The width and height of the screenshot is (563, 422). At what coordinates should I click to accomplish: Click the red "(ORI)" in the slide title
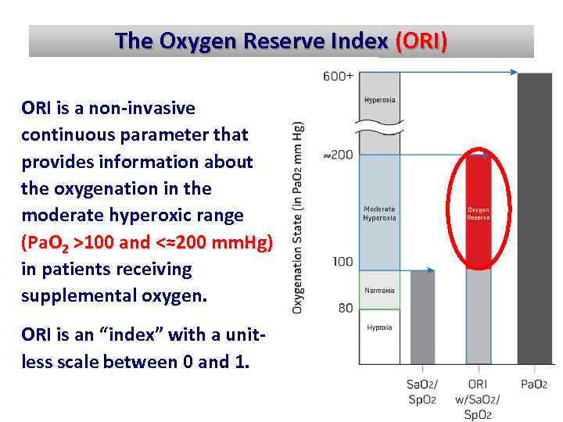[421, 41]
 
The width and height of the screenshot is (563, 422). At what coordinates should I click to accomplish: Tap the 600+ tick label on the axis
[338, 76]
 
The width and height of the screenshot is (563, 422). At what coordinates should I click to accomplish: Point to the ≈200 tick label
[338, 155]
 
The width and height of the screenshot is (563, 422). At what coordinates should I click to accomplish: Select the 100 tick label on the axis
[342, 262]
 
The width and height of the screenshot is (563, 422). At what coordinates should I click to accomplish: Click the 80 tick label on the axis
[345, 308]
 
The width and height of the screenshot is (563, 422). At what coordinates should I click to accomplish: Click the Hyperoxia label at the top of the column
[379, 100]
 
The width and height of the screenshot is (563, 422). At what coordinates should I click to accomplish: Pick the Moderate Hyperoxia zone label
[379, 213]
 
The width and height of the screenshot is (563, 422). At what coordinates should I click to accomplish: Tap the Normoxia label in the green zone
[379, 291]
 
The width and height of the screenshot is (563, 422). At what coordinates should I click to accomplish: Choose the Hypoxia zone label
[379, 327]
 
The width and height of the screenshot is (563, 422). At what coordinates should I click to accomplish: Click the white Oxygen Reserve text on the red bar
[479, 213]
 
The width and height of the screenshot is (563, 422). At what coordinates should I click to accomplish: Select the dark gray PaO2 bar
[534, 219]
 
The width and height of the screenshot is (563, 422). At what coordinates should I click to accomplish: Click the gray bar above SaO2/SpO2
[422, 316]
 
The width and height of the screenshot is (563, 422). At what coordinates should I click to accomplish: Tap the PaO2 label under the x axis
[534, 384]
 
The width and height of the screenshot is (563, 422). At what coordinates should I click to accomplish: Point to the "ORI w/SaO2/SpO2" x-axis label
[478, 399]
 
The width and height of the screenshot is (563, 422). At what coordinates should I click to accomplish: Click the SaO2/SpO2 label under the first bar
[422, 392]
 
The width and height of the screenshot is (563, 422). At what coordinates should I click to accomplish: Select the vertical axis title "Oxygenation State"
[298, 217]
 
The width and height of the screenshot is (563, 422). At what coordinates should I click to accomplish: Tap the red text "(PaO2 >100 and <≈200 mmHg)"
[147, 242]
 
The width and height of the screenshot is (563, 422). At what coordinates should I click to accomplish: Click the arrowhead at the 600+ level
[513, 72]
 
